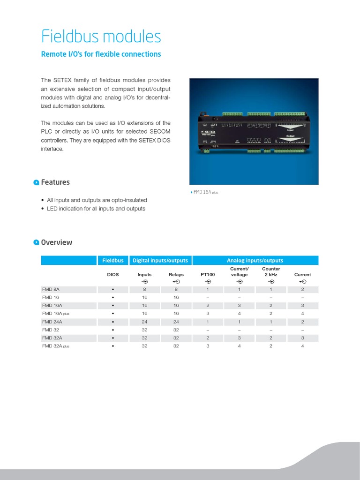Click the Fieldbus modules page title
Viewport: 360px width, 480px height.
(x=101, y=37)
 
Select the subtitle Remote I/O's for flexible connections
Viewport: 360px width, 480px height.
(x=101, y=54)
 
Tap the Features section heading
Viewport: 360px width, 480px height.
(x=55, y=182)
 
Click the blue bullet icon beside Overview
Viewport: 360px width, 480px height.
(x=36, y=242)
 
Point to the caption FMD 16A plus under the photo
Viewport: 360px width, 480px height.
(x=205, y=192)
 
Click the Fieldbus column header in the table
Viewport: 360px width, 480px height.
(x=113, y=261)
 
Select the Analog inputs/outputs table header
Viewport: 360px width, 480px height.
(x=255, y=261)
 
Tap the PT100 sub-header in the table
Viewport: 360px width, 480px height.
(x=208, y=275)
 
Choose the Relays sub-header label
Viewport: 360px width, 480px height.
(x=176, y=275)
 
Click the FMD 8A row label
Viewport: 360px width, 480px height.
(x=51, y=290)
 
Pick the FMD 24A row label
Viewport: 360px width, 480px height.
(x=52, y=322)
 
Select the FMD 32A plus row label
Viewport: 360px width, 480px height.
(x=55, y=346)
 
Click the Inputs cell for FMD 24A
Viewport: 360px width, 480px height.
(x=145, y=322)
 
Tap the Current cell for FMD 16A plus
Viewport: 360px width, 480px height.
(x=302, y=314)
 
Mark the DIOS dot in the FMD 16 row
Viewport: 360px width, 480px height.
(x=113, y=298)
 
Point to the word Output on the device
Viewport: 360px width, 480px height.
(x=290, y=135)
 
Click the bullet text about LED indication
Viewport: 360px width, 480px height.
(x=96, y=209)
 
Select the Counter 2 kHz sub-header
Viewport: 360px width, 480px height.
(x=271, y=272)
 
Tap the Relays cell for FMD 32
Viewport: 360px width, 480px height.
(x=176, y=330)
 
